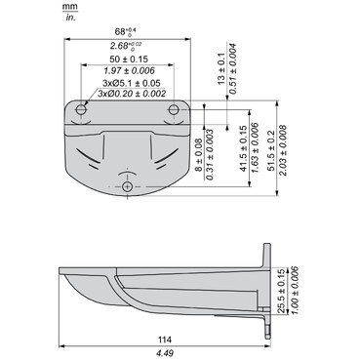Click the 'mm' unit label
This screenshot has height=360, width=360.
70,7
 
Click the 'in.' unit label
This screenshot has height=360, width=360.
70,18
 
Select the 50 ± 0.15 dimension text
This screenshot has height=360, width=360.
129,60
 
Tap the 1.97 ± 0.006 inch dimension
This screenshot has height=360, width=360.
129,70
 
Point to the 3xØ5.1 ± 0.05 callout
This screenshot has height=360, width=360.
132,83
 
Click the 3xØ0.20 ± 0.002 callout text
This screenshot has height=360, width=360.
132,94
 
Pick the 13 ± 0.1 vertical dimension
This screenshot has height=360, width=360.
221,69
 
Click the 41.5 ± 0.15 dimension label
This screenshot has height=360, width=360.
244,148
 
